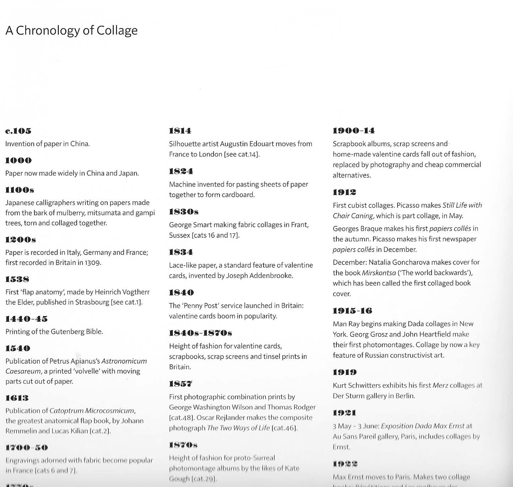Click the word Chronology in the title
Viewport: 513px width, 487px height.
(x=48, y=31)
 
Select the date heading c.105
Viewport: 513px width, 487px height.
(x=18, y=131)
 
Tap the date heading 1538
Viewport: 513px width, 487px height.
(x=17, y=279)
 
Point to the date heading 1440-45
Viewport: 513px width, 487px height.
(x=26, y=319)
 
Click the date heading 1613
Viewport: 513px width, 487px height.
(x=17, y=398)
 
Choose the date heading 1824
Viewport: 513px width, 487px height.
(x=181, y=171)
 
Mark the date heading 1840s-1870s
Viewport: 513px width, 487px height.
(x=200, y=333)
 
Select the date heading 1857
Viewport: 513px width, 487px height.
(x=180, y=384)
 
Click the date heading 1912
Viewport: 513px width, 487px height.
(x=344, y=192)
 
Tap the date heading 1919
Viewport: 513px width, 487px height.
(x=345, y=372)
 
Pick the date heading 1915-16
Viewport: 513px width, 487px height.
(x=352, y=311)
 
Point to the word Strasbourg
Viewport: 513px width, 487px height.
(x=92, y=302)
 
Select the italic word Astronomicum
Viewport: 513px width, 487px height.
(x=124, y=361)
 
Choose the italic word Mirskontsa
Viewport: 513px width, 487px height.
(x=379, y=273)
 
